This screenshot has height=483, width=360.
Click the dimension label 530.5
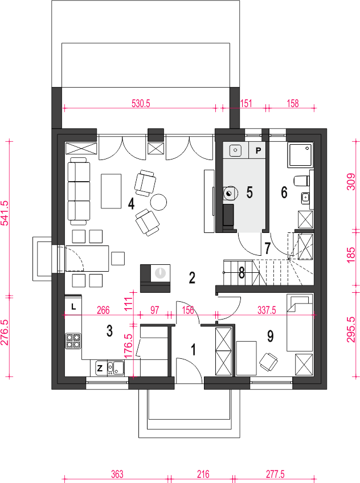(141, 104)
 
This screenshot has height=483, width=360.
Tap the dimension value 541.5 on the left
(5, 213)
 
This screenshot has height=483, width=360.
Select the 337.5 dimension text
(267, 310)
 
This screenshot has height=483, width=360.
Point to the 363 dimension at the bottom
(117, 474)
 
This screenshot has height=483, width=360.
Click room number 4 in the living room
(131, 203)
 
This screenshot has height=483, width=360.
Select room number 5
(249, 192)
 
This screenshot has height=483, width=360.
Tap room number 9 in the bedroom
(270, 336)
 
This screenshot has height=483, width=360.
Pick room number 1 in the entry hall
(194, 350)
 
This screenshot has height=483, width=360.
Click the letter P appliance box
(258, 150)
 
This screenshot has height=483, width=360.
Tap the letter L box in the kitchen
(73, 306)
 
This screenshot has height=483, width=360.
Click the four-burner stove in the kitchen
(73, 341)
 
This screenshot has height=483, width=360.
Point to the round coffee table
(158, 202)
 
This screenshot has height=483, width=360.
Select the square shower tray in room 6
(300, 155)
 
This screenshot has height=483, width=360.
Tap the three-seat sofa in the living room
(79, 191)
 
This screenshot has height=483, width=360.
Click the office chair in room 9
(268, 361)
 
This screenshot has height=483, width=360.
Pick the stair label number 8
(242, 273)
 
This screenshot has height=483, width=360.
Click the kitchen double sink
(115, 367)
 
